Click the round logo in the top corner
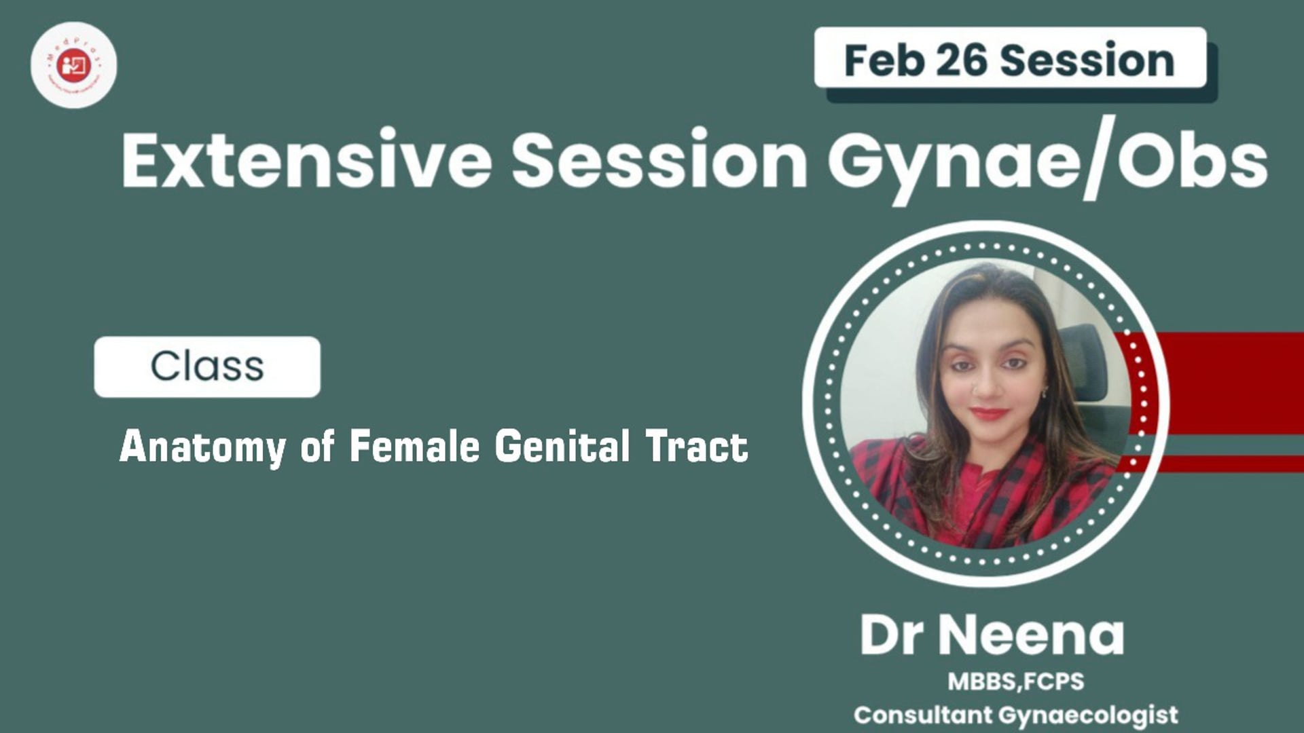point(73,65)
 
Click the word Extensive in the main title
point(306,160)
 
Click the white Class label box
point(207,366)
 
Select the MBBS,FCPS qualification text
point(1015,681)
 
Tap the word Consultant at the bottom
point(922,715)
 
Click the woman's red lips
point(989,413)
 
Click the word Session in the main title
point(659,160)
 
